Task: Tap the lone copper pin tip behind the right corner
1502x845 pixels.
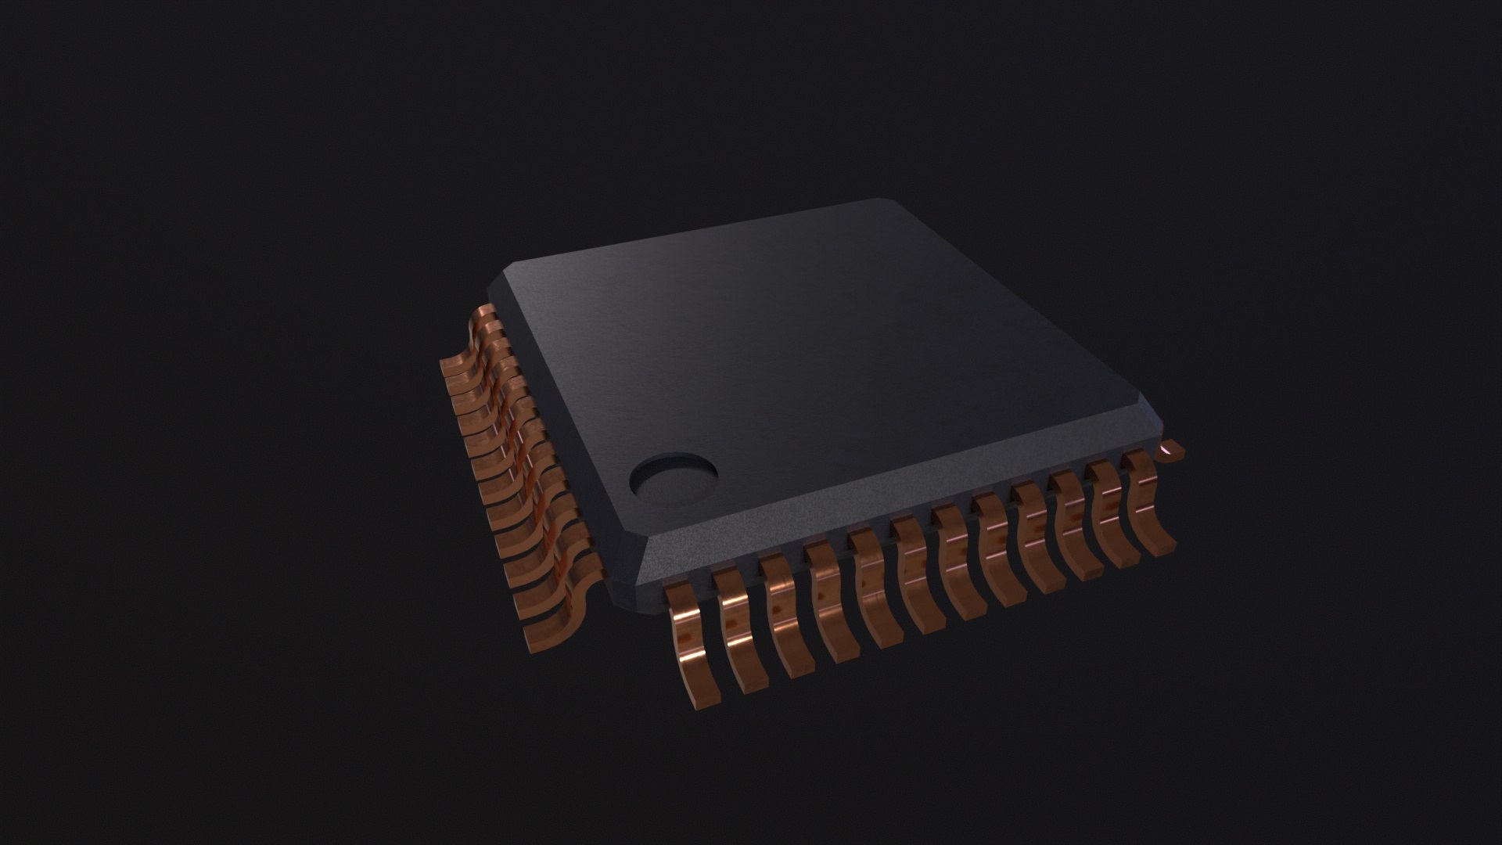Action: (x=1172, y=450)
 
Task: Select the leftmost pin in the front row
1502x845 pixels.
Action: (x=685, y=642)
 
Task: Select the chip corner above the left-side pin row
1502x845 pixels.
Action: (x=501, y=278)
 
